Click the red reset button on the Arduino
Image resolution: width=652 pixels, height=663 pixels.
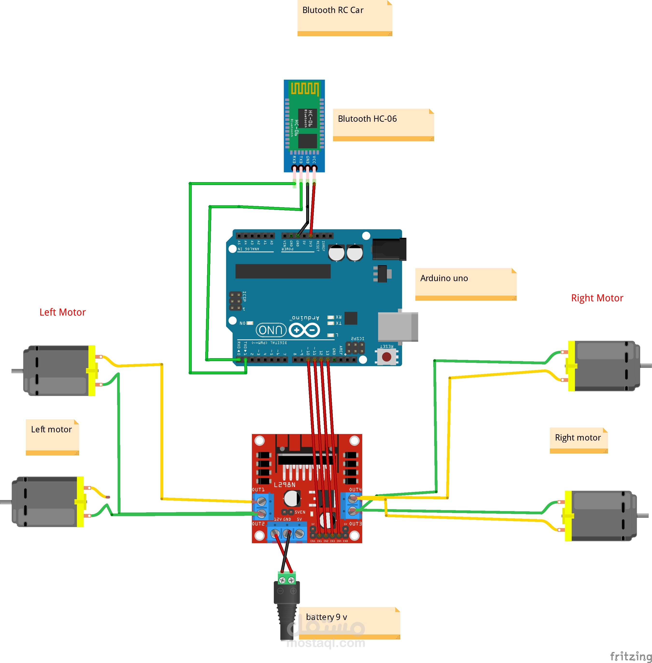(387, 357)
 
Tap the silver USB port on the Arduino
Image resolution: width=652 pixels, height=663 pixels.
(397, 327)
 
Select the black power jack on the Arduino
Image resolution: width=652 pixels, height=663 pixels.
(389, 249)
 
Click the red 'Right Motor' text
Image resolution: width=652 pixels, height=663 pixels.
(597, 298)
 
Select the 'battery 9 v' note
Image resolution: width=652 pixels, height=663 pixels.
(349, 623)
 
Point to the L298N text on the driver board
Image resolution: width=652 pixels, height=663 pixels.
(284, 485)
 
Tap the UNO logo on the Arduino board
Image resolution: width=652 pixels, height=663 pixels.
(270, 330)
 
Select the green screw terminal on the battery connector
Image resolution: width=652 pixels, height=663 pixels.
(287, 579)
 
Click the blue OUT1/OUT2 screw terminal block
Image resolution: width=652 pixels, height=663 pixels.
(263, 507)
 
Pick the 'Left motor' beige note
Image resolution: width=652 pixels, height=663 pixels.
(52, 437)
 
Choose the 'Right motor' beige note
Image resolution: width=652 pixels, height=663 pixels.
(578, 440)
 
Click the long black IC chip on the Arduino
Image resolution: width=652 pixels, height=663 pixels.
(283, 271)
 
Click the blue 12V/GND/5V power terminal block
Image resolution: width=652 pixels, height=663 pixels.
(287, 533)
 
